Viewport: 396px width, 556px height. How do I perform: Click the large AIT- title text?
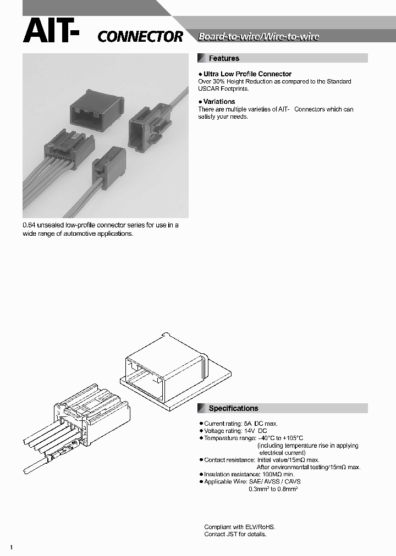pyautogui.click(x=51, y=31)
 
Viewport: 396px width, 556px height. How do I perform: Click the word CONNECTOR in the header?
pyautogui.click(x=140, y=37)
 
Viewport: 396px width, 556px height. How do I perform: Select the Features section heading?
pyautogui.click(x=224, y=58)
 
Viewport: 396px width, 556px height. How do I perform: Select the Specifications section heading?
pyautogui.click(x=233, y=408)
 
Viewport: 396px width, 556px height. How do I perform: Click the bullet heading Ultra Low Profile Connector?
pyautogui.click(x=247, y=74)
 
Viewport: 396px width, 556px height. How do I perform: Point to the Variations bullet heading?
pyautogui.click(x=219, y=102)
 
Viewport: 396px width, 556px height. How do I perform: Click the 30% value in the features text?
pyautogui.click(x=218, y=81)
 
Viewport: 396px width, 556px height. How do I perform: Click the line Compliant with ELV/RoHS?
pyautogui.click(x=239, y=526)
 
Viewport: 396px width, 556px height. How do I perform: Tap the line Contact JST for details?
pyautogui.click(x=235, y=534)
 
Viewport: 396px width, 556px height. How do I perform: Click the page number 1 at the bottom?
pyautogui.click(x=12, y=547)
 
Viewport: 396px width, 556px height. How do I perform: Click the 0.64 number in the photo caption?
pyautogui.click(x=29, y=225)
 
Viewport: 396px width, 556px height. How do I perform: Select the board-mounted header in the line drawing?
pyautogui.click(x=165, y=368)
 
